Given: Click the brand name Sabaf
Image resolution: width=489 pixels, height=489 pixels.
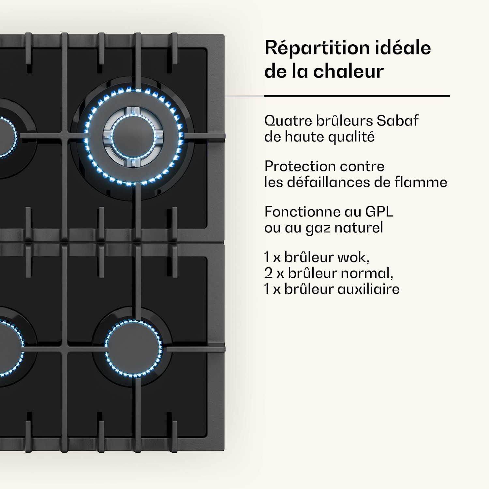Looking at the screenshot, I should tap(397, 121).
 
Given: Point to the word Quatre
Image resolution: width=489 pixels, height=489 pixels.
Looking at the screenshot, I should tap(288, 121).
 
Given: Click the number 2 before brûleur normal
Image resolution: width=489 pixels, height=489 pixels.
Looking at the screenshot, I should tap(269, 273).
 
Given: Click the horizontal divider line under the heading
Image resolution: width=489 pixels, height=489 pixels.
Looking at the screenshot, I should tap(357, 96).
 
